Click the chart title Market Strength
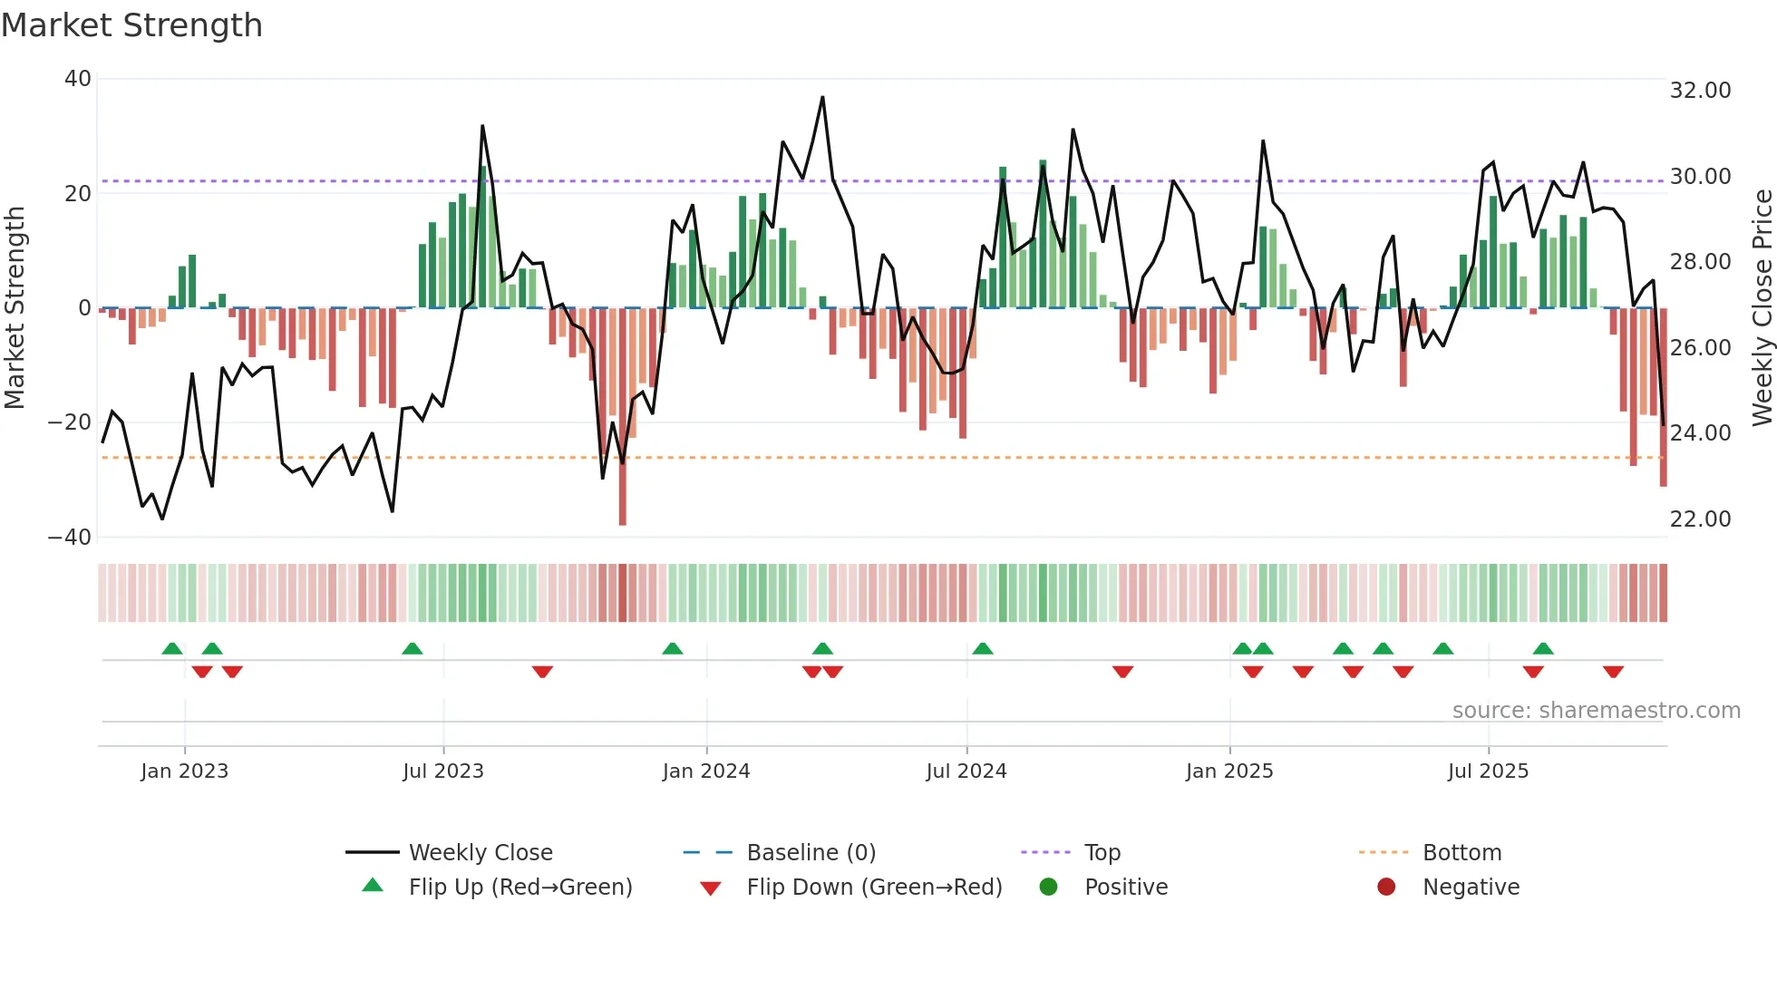tap(131, 25)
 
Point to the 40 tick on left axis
tap(78, 79)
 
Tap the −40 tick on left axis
tap(70, 537)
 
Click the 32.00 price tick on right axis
tap(1700, 91)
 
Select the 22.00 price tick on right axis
tap(1700, 519)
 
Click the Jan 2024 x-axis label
tap(706, 771)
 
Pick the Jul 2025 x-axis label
tap(1488, 771)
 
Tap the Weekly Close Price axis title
tap(1762, 308)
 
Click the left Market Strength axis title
tap(15, 308)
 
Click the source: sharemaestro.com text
tap(1596, 711)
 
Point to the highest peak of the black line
tap(822, 97)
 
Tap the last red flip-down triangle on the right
tap(1613, 672)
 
